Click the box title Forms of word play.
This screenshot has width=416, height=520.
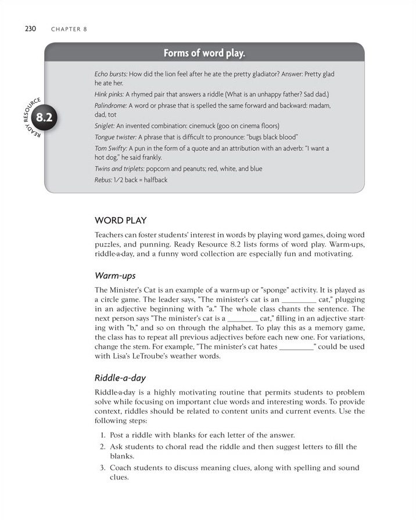click(x=204, y=53)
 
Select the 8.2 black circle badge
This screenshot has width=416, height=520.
click(x=44, y=118)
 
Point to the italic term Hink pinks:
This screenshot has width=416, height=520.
click(x=109, y=95)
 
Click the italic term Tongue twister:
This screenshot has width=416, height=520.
click(x=114, y=137)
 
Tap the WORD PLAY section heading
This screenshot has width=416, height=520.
click(x=120, y=221)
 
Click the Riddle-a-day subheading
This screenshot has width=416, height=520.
click(x=120, y=378)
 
